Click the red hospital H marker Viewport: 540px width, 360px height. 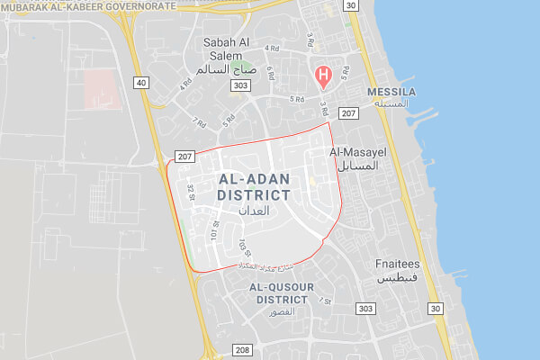coord(319,75)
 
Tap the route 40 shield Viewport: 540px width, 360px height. coord(140,82)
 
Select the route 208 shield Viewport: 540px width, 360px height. coord(241,349)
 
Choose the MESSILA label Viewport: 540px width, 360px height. coord(390,93)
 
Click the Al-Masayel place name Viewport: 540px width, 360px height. coord(363,152)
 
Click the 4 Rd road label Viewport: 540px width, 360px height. coord(186,83)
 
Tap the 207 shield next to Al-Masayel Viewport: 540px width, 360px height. coord(348,113)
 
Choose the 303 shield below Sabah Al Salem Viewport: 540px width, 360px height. coord(239,85)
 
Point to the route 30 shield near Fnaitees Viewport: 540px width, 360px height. coord(436,308)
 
